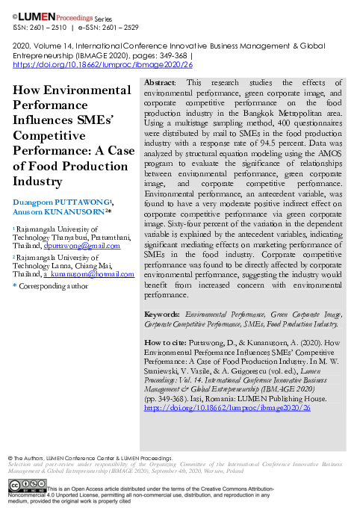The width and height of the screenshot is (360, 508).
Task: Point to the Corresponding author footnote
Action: [52, 286]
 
